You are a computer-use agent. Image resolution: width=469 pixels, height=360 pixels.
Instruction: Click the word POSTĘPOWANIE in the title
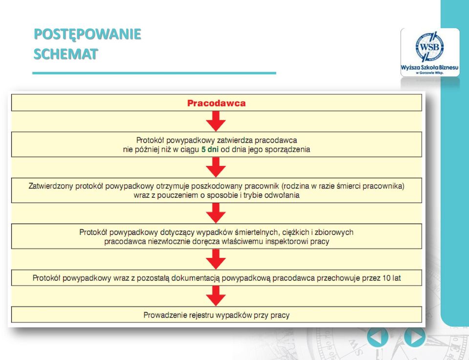pos(87,34)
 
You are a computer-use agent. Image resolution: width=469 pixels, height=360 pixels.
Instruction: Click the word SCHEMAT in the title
pos(66,54)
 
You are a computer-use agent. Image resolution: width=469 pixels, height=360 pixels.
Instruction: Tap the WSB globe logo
pos(429,47)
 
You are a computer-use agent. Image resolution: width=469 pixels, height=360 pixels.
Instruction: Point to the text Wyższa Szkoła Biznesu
pos(429,67)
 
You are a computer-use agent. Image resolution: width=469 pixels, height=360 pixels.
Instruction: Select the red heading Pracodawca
pos(216,103)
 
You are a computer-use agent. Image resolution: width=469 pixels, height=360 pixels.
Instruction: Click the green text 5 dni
pos(210,149)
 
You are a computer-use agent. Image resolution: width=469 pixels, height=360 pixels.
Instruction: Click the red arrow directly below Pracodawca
pos(215,121)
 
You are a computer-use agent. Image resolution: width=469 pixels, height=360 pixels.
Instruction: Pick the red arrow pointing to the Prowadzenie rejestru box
pos(215,296)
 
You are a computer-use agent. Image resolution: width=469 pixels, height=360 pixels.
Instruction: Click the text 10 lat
pos(391,278)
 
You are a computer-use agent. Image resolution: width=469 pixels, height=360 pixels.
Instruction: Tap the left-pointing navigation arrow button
pos(378,337)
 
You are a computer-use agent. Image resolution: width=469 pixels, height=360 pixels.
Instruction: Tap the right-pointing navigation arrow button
pos(415,337)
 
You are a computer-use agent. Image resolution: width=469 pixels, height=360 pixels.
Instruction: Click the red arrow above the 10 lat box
pos(215,259)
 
